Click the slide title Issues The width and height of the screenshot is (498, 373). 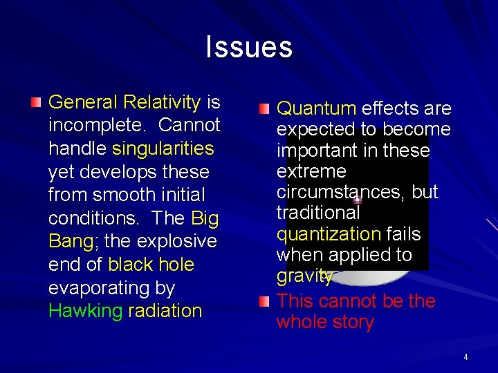point(249,48)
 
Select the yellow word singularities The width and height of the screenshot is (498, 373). point(163,149)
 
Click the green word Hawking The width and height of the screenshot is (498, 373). point(85,311)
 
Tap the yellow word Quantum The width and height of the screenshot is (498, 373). point(316,109)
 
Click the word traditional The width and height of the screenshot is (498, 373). point(318,213)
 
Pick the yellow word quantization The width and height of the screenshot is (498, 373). point(329,235)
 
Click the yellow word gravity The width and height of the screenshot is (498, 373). point(304,277)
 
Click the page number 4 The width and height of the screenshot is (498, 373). point(465,357)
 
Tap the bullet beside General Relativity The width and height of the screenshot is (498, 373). point(36,103)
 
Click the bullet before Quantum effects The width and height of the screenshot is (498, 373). point(264,109)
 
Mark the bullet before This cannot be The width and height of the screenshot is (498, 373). point(264,301)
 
